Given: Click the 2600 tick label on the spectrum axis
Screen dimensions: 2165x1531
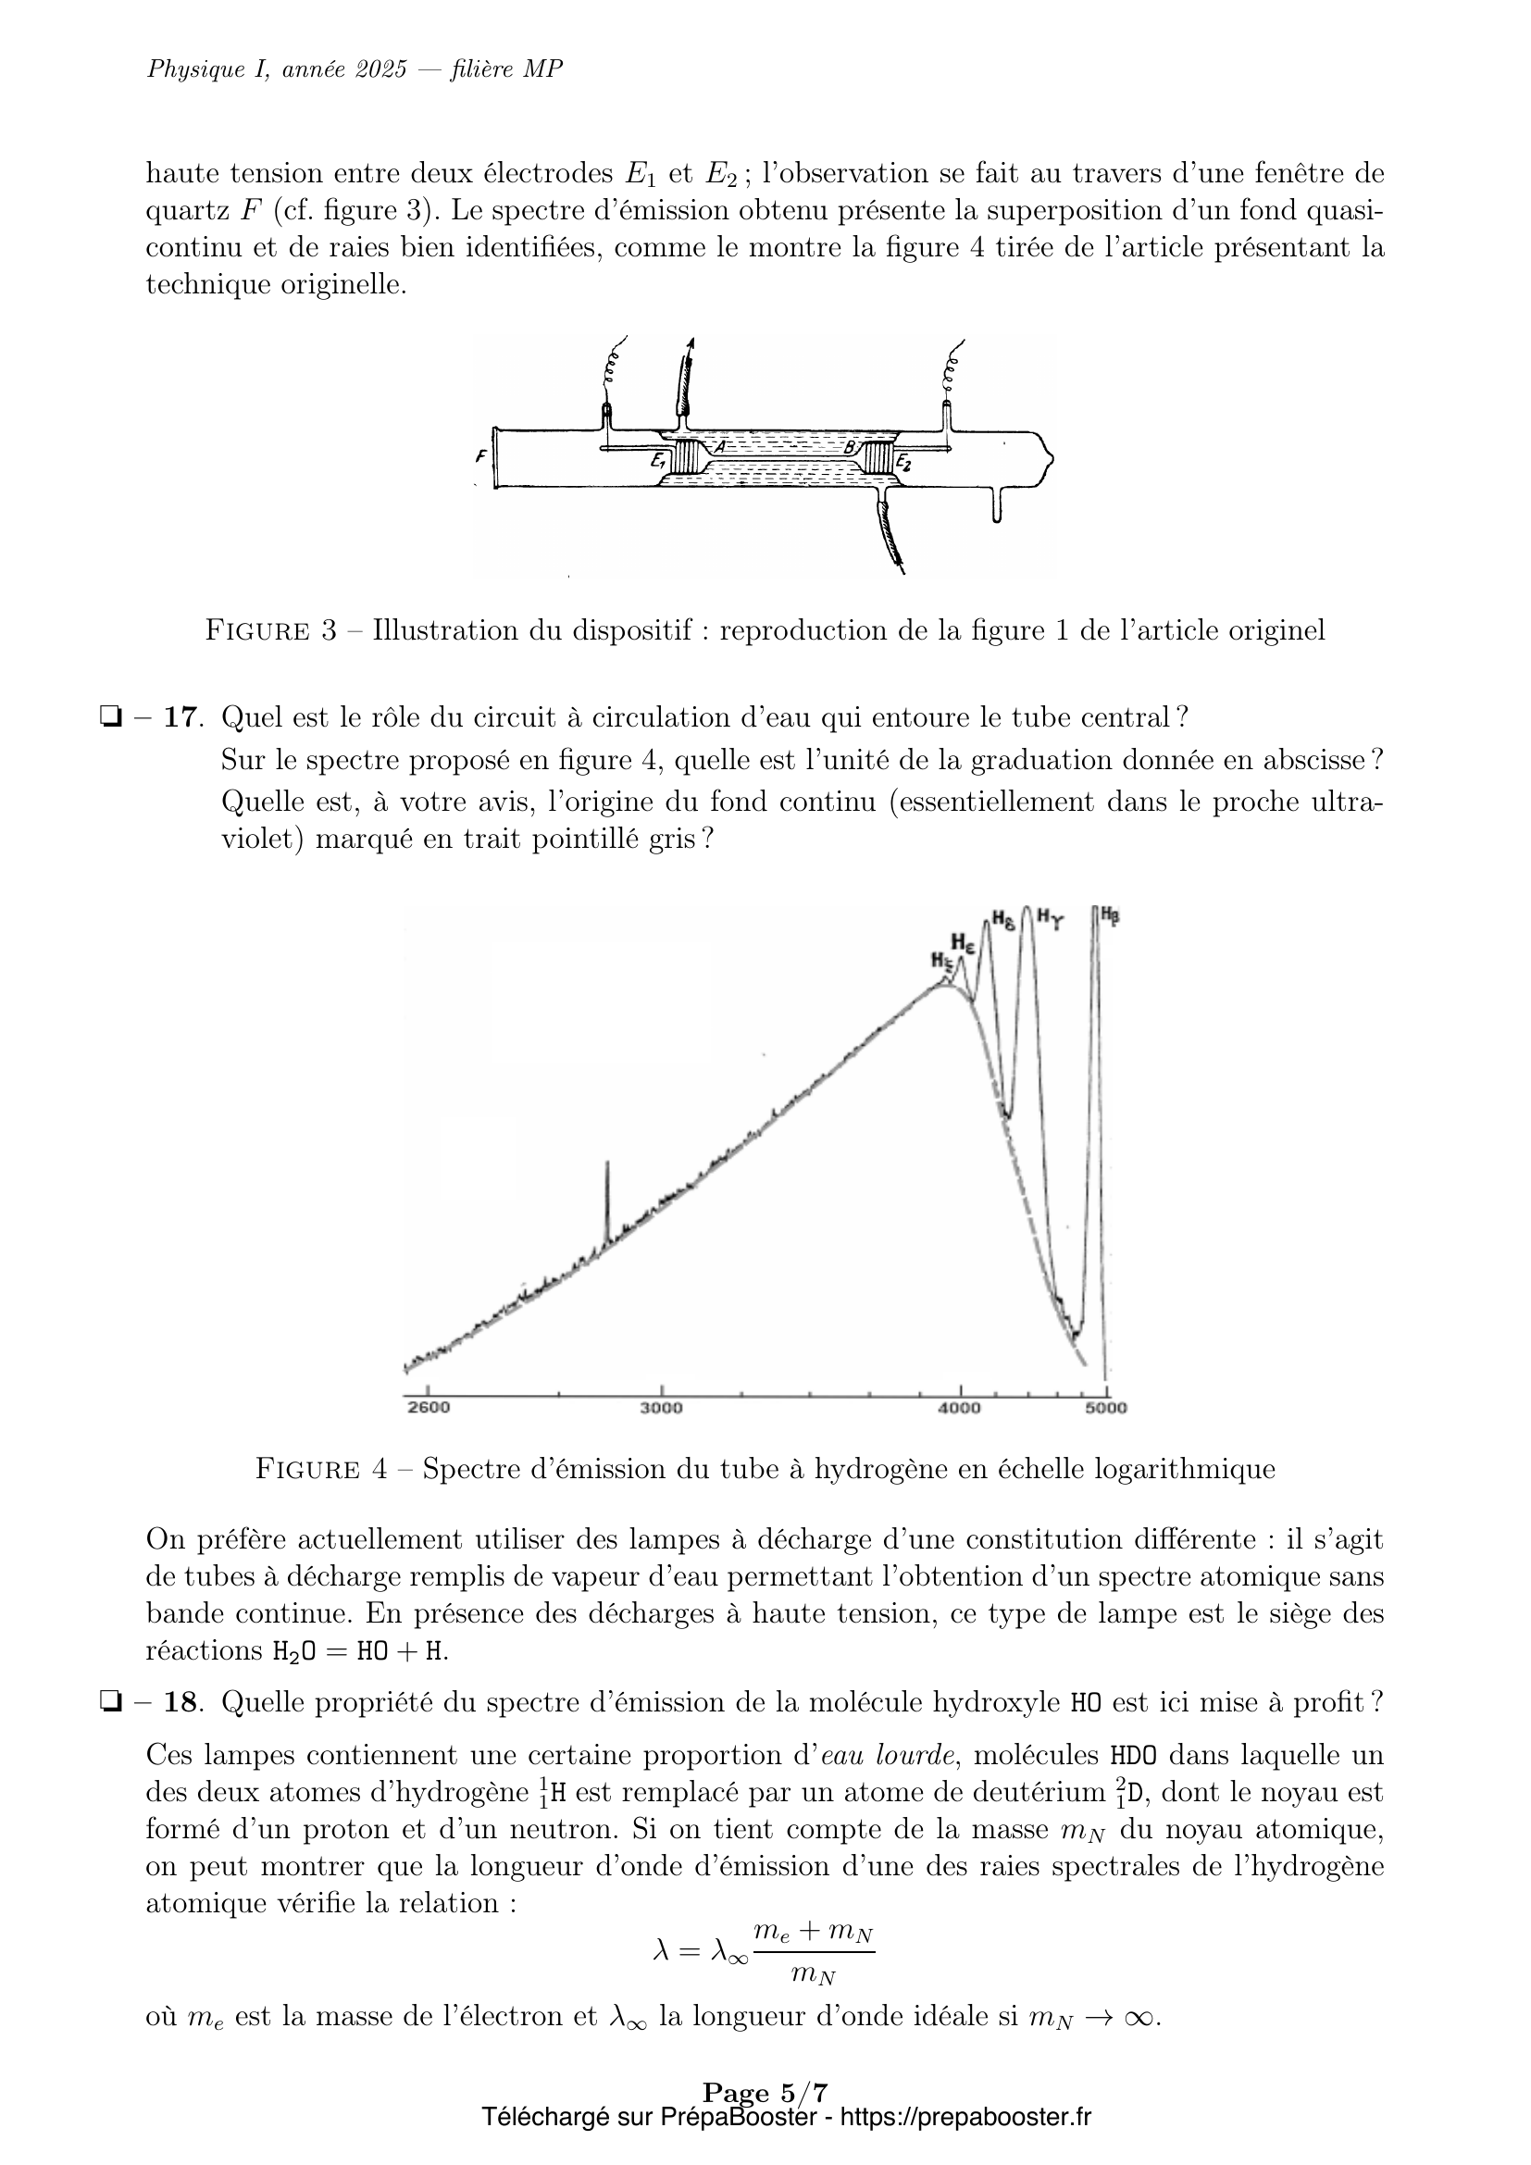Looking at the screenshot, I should (428, 1409).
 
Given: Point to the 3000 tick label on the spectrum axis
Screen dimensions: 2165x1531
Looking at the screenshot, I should (661, 1409).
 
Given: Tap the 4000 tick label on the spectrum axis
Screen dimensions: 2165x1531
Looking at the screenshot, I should (960, 1409).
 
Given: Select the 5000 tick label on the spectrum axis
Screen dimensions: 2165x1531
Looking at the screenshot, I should (1107, 1409).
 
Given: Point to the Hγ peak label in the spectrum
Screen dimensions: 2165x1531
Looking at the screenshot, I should (1050, 915).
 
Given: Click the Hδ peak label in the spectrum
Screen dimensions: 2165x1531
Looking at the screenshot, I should (1003, 918).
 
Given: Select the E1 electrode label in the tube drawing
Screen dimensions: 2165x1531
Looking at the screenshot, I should (658, 461).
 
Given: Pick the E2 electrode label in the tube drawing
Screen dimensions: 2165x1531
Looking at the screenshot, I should (903, 462).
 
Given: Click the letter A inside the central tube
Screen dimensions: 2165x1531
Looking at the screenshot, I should (719, 447).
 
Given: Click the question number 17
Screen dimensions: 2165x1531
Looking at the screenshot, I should (182, 717).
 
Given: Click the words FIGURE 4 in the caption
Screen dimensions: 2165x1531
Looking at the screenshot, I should (320, 1469).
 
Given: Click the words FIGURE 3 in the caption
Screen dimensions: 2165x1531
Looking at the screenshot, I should (270, 630).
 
